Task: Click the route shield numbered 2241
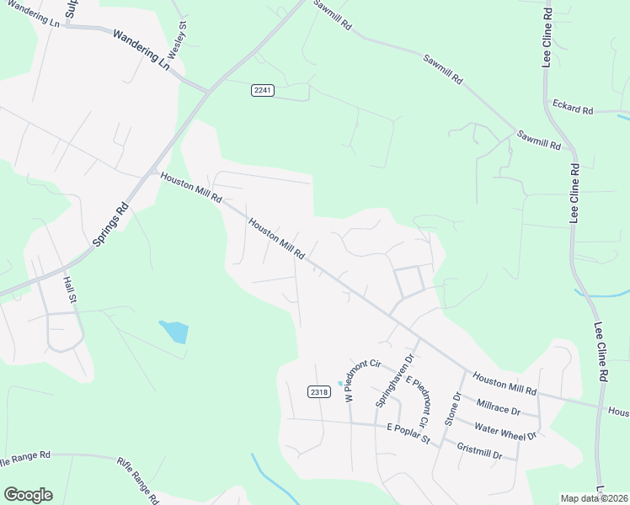pos(263,90)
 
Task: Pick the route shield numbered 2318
pos(318,391)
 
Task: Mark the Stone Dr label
pos(453,408)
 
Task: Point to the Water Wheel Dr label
pos(505,432)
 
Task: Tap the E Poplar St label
pos(408,433)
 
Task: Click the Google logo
pos(28,495)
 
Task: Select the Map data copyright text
pos(595,498)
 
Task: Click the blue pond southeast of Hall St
pos(175,332)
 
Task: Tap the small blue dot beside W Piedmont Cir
pos(341,384)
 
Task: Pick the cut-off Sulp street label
pos(71,8)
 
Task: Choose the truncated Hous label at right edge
pos(618,412)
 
